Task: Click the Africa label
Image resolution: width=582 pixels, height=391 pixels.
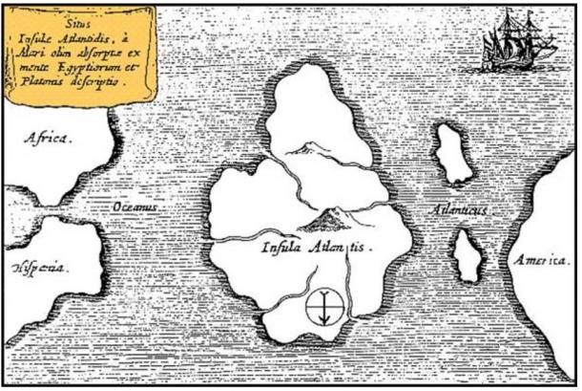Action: (48, 140)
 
